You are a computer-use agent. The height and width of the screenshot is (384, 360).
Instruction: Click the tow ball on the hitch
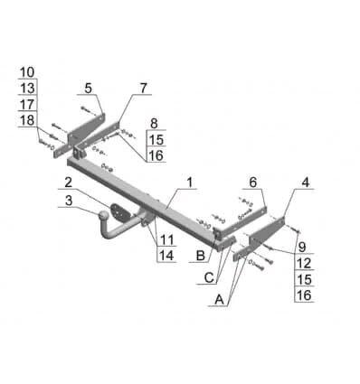click(x=104, y=216)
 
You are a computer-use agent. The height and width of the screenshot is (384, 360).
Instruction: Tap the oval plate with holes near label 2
click(x=121, y=212)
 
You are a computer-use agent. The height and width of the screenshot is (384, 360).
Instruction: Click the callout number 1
click(x=189, y=183)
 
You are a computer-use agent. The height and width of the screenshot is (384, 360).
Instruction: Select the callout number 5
click(x=88, y=89)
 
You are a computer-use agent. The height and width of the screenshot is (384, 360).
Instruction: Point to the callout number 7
click(x=143, y=88)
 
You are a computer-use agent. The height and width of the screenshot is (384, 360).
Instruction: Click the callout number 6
click(x=253, y=182)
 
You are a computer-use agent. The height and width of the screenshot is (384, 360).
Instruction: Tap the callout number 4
click(x=306, y=183)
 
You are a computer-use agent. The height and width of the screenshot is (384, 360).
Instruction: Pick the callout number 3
click(x=69, y=201)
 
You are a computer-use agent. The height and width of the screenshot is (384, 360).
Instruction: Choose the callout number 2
click(x=68, y=183)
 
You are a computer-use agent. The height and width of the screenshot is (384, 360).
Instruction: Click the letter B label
click(x=201, y=256)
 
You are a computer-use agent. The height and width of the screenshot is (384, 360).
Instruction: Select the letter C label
click(x=209, y=277)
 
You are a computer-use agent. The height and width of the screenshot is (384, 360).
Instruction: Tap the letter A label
click(x=219, y=300)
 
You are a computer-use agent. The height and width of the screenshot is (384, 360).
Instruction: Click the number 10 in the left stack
click(x=27, y=72)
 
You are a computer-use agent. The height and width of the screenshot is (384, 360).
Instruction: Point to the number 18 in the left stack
click(x=27, y=120)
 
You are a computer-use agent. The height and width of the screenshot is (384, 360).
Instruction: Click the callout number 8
click(x=154, y=124)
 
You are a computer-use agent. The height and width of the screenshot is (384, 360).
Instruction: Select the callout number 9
click(x=302, y=247)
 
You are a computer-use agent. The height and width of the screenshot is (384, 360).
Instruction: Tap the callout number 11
click(x=166, y=240)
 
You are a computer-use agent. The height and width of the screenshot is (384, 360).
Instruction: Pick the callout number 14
click(x=166, y=256)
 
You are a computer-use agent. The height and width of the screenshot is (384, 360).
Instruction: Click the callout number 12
click(x=304, y=263)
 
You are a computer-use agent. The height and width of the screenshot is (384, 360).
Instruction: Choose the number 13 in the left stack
click(x=27, y=89)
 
